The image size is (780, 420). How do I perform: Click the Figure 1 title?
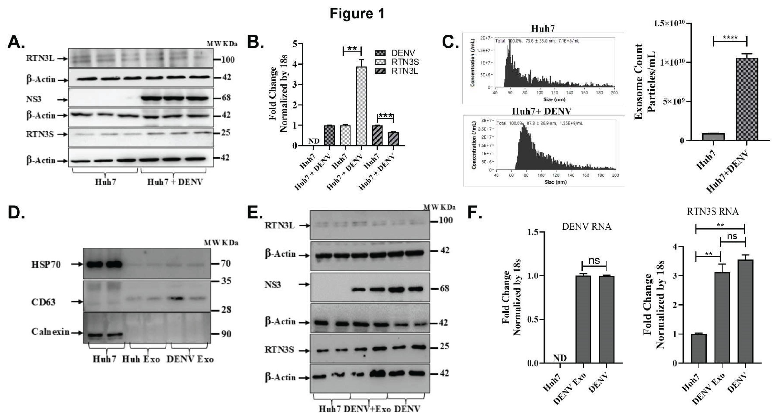(357, 14)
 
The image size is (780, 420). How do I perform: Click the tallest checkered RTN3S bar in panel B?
(361, 106)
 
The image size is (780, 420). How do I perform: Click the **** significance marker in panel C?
(730, 38)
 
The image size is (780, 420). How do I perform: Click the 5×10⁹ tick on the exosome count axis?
(674, 101)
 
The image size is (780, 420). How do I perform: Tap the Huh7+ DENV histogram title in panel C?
(541, 111)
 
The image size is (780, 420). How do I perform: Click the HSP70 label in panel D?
(46, 265)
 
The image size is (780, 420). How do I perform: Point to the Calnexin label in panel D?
(50, 332)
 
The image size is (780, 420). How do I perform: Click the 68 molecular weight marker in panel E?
(445, 288)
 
